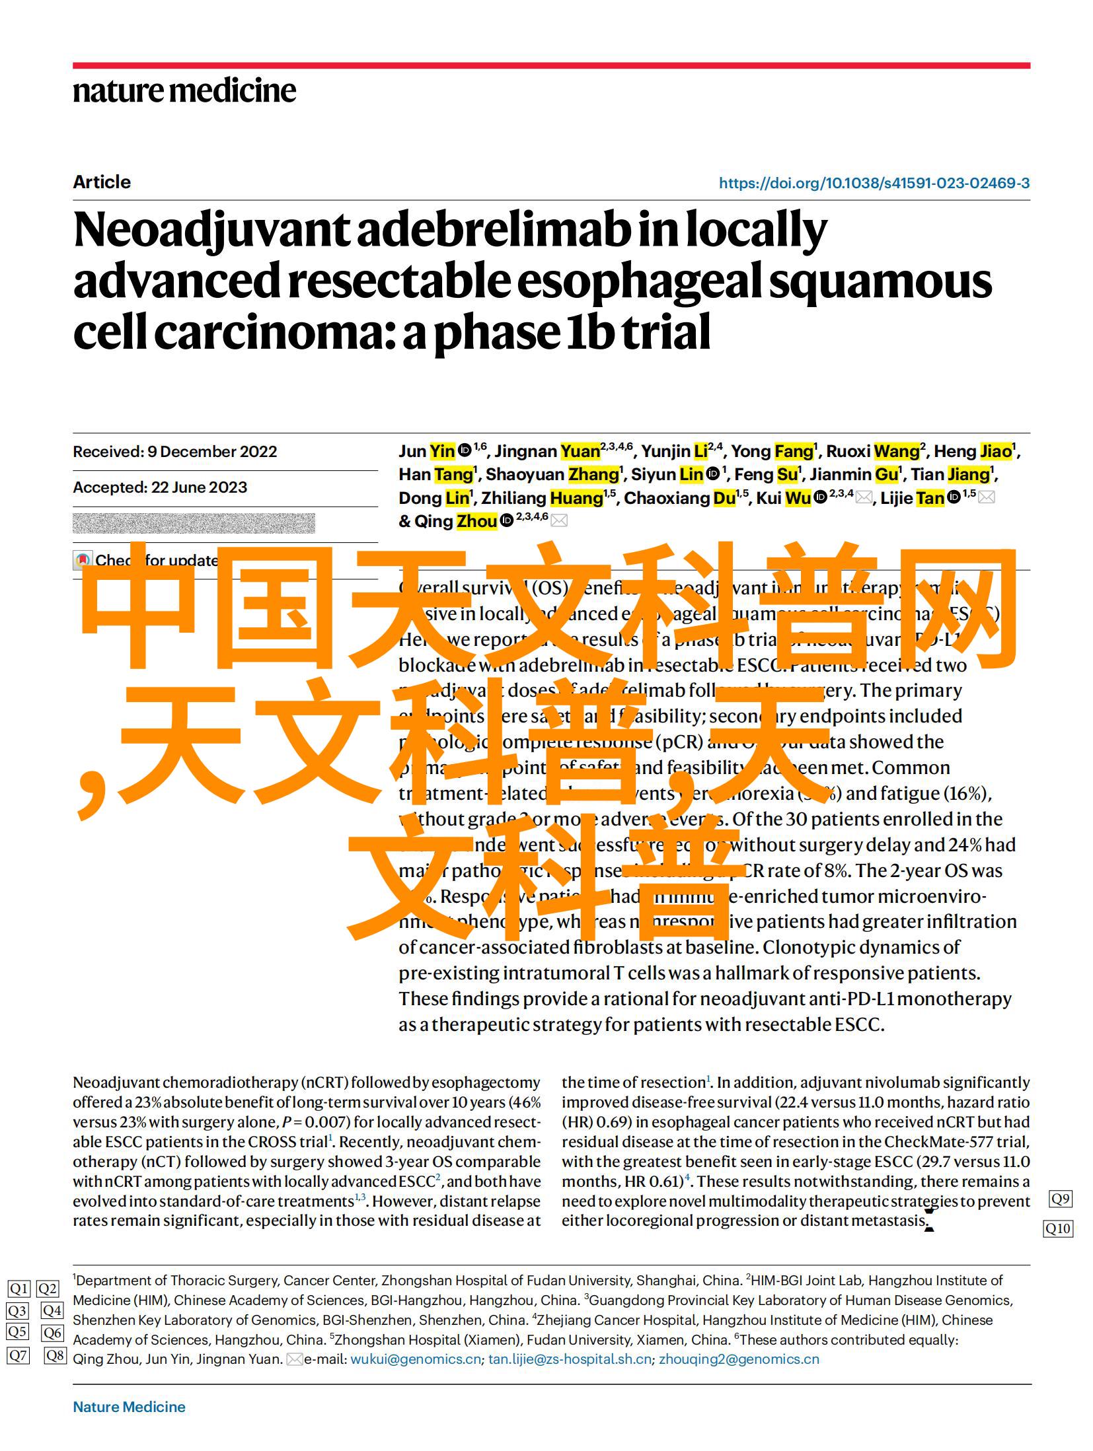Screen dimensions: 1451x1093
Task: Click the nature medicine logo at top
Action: click(184, 90)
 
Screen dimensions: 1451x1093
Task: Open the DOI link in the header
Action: click(874, 184)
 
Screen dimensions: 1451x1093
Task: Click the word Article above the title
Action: click(102, 182)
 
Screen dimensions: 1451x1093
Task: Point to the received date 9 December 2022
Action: click(211, 452)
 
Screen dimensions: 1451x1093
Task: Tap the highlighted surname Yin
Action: click(442, 451)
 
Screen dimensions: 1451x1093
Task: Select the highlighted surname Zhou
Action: click(476, 521)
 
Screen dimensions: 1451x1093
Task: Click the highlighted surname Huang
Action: click(576, 498)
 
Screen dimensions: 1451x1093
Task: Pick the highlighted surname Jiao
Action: click(996, 451)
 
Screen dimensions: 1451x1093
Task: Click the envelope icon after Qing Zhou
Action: click(558, 521)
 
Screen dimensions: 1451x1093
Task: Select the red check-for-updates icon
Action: click(83, 560)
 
